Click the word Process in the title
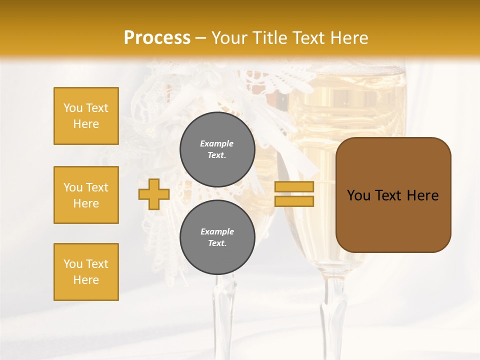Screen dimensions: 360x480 tap(157, 37)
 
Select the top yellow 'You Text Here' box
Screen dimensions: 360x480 tap(86, 116)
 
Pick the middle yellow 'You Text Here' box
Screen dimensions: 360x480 tap(86, 195)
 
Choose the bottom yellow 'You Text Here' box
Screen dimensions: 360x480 tap(86, 272)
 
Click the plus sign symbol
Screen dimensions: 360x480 tap(154, 194)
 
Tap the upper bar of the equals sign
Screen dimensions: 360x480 tap(294, 186)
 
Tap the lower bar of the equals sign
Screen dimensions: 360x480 tap(294, 201)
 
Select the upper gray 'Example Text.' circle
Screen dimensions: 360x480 tap(217, 149)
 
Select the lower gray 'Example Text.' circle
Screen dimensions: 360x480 tap(217, 237)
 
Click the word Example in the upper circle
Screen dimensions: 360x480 tap(217, 143)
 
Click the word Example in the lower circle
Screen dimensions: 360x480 tap(217, 231)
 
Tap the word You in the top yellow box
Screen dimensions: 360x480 tap(72, 108)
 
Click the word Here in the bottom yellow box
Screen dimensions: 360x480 tap(86, 280)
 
